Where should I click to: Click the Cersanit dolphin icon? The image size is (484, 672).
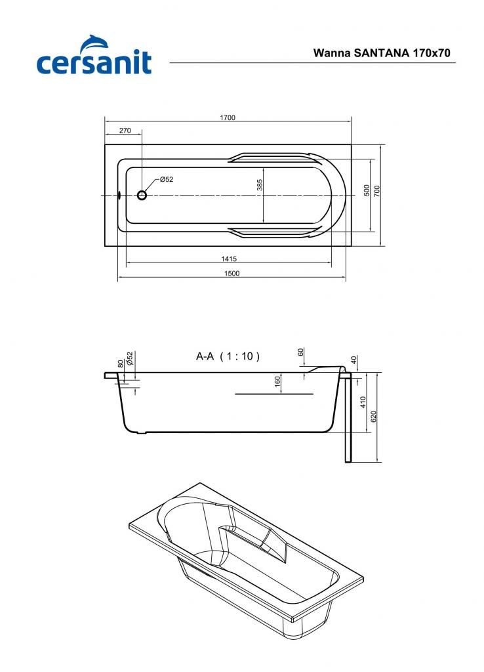tap(93, 43)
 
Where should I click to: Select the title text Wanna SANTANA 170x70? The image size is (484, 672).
tap(382, 52)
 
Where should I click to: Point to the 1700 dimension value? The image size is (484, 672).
tap(228, 117)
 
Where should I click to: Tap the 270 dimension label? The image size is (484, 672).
tap(125, 131)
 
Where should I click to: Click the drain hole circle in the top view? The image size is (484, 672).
tap(142, 196)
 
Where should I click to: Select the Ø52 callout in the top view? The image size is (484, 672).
tap(166, 180)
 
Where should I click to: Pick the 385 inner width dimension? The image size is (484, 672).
tap(260, 185)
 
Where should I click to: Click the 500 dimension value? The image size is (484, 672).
tap(367, 190)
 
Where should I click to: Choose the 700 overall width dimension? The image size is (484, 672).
tap(377, 190)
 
